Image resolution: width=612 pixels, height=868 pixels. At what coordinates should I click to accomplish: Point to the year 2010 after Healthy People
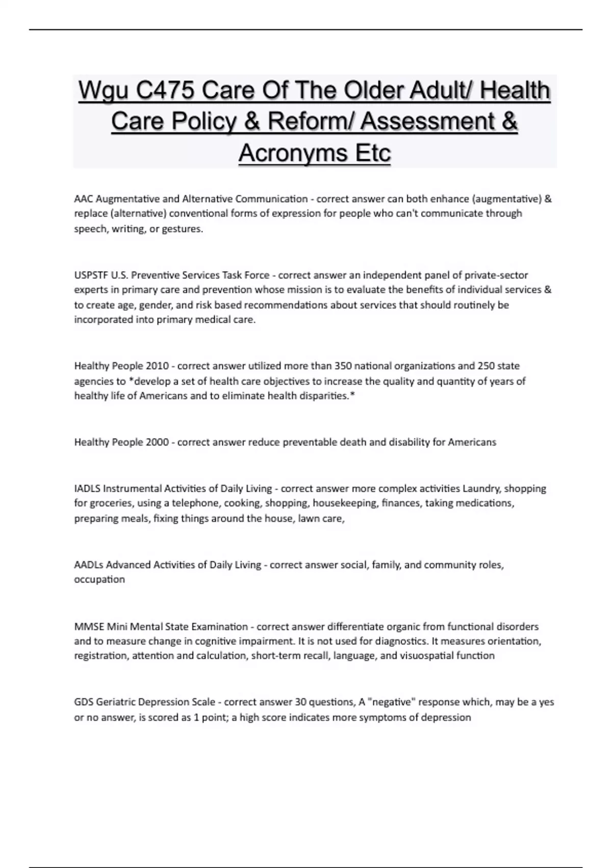click(157, 366)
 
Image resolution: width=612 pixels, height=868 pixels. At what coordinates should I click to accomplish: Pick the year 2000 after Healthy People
click(157, 442)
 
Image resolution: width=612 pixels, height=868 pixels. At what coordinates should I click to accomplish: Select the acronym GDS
click(84, 702)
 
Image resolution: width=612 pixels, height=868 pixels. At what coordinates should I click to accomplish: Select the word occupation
click(99, 580)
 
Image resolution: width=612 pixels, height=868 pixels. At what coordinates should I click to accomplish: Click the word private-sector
click(496, 275)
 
